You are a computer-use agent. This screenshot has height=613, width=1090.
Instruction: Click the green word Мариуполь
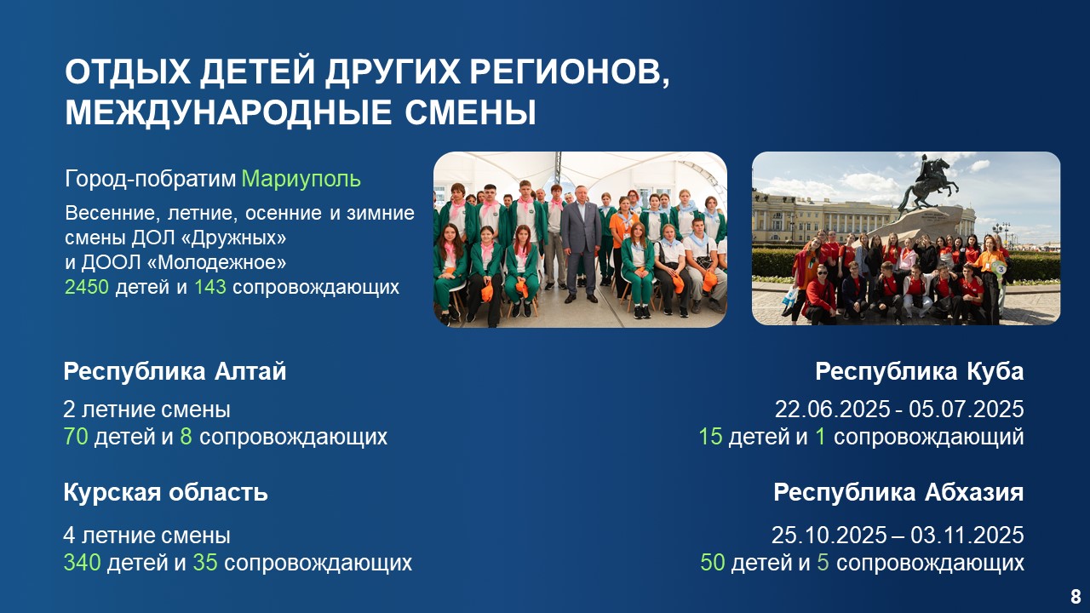(x=301, y=179)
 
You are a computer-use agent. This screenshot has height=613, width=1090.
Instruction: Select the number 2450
(x=87, y=287)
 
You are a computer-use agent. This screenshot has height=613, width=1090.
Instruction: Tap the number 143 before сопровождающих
(x=210, y=287)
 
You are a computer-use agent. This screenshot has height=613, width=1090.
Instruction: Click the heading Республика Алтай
(x=175, y=372)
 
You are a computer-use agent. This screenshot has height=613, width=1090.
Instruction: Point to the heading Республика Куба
(x=919, y=372)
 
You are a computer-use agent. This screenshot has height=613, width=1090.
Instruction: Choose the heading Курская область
(x=165, y=492)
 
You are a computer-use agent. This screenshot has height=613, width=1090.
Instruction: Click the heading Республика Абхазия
(x=898, y=492)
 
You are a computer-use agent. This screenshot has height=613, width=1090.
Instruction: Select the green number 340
(x=83, y=563)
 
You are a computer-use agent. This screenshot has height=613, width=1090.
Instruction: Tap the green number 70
(x=76, y=437)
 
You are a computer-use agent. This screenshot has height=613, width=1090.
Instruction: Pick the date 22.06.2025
(x=832, y=410)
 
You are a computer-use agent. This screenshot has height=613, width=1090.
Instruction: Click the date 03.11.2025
(x=967, y=536)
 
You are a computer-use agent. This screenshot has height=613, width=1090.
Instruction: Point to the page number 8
(x=1076, y=596)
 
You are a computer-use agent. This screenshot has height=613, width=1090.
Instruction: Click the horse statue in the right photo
(x=928, y=183)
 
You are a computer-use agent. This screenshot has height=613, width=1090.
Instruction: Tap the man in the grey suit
(x=581, y=243)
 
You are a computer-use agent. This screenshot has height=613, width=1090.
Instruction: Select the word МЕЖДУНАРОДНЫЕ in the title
(x=228, y=113)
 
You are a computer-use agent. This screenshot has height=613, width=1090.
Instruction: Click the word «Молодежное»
(x=216, y=263)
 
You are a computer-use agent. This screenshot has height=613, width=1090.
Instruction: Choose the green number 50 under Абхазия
(x=713, y=563)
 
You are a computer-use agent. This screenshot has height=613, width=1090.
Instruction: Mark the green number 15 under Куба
(x=710, y=437)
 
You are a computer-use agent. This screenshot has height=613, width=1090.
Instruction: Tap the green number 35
(x=205, y=563)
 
